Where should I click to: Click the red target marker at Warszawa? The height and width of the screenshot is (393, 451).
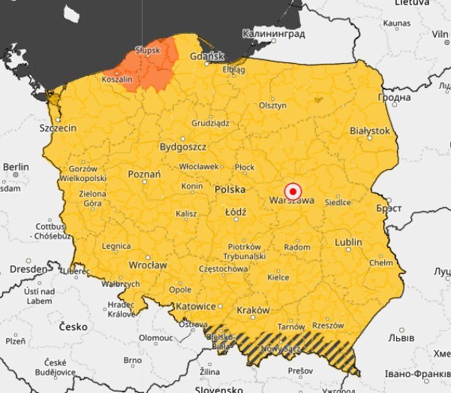point(293,190)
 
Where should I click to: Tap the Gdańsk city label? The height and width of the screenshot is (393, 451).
point(208,56)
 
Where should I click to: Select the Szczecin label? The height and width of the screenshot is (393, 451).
point(58,128)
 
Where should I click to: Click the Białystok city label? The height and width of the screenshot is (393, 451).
point(370,131)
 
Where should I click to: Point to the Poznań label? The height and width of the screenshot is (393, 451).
point(144,174)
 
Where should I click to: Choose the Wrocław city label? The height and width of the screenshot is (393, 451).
point(147,265)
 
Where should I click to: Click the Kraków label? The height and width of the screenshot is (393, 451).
point(252,310)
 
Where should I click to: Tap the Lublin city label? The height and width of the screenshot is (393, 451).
point(348,242)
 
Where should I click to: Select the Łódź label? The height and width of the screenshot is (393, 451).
point(236,213)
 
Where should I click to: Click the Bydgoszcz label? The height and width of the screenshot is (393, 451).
point(182,147)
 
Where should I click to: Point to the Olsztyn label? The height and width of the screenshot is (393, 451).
point(272,106)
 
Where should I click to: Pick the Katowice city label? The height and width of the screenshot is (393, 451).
point(195,307)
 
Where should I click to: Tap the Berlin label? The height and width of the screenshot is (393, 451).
point(15,167)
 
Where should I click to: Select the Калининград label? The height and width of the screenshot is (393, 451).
point(273,34)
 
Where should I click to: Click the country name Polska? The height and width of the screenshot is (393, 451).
point(230,190)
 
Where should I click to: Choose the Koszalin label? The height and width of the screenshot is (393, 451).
point(117,78)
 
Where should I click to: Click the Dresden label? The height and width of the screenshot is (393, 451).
point(27,268)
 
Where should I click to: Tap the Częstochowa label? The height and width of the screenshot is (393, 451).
point(223,268)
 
